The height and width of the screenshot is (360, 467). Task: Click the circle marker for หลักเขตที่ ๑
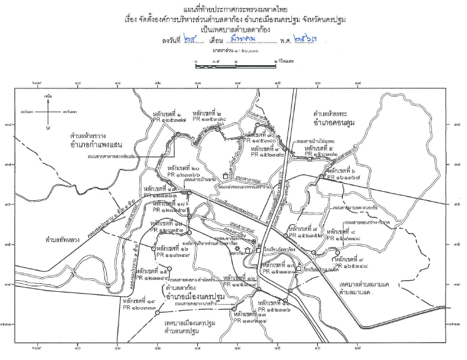tap(178, 134)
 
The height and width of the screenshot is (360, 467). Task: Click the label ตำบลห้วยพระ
tap(333, 115)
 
